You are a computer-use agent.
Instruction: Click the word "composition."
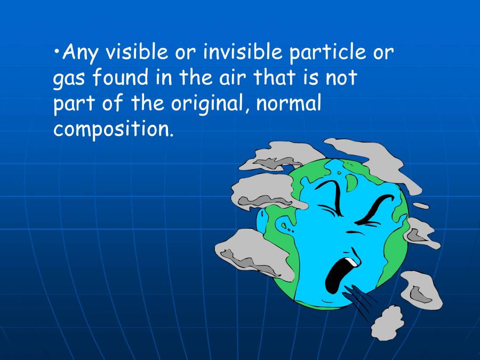coord(114,130)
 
